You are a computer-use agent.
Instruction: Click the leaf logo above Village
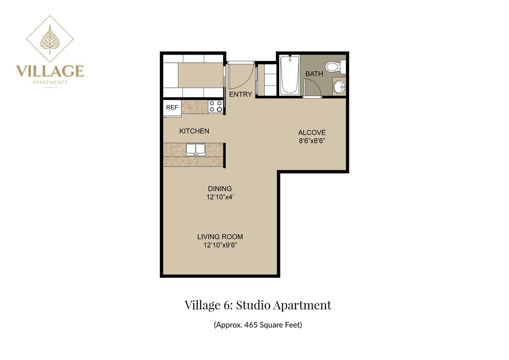click(50, 39)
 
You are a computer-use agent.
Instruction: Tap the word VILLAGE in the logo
click(50, 71)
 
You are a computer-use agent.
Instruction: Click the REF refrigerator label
click(172, 107)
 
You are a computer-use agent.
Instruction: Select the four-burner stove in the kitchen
click(216, 107)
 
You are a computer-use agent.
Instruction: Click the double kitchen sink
click(196, 149)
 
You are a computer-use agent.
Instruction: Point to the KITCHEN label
click(194, 131)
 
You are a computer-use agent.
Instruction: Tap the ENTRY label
click(240, 94)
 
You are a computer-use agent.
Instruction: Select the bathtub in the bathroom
click(289, 75)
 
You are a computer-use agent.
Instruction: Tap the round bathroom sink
click(339, 87)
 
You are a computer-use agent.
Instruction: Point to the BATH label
click(314, 74)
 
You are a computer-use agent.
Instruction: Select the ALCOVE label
click(312, 133)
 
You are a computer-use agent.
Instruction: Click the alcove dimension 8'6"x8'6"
click(312, 141)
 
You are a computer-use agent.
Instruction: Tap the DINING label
click(220, 189)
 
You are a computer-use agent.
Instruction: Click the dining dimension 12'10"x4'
click(220, 197)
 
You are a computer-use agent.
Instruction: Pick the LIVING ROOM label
click(220, 237)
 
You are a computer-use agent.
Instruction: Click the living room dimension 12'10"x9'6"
click(220, 245)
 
